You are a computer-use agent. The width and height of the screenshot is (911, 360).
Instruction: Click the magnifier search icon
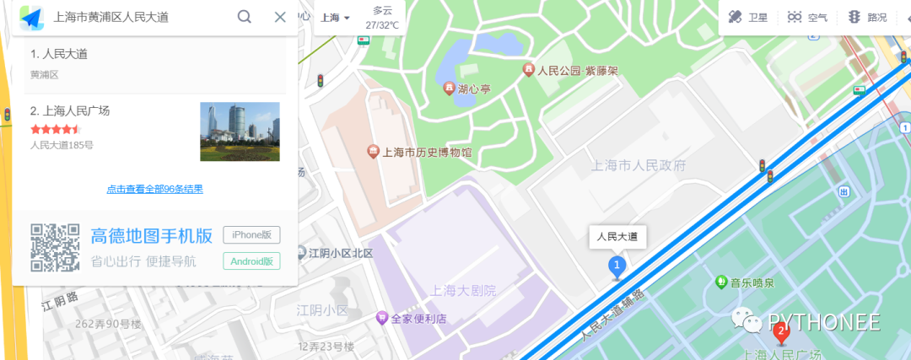245,17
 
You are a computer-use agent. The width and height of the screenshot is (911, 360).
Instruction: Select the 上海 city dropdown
335,18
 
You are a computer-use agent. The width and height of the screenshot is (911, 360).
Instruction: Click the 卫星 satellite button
747,17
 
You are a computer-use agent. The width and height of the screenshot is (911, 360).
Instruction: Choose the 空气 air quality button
807,17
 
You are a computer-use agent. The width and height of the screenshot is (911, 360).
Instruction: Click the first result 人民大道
59,54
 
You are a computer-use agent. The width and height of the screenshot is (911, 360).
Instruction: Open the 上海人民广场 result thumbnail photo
240,132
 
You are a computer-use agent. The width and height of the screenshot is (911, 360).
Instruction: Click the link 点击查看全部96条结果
154,189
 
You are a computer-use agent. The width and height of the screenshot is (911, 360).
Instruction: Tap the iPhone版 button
251,235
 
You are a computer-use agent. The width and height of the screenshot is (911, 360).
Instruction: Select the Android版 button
251,261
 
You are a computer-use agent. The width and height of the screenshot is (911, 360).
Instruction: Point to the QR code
56,248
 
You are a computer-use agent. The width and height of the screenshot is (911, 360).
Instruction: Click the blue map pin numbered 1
617,267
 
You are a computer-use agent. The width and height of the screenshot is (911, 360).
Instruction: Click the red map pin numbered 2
781,332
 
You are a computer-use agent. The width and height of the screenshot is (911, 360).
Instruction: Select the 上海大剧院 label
463,291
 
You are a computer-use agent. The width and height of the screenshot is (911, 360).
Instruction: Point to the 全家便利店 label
418,318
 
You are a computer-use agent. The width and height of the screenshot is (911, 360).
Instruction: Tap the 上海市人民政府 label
639,165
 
